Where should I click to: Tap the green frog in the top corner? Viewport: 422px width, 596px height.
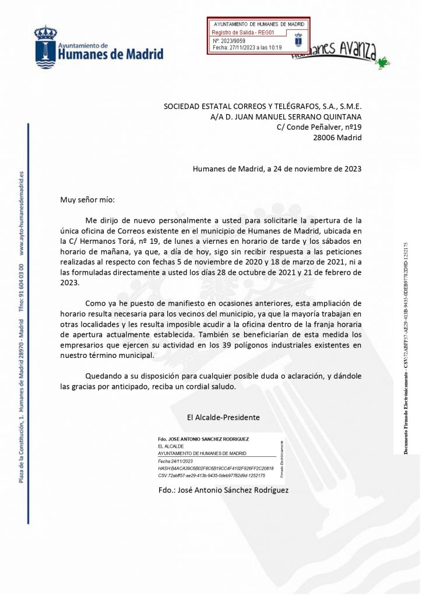click(383, 61)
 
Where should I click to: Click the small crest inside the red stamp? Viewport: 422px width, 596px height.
click(298, 40)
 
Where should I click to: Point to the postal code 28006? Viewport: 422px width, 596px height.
click(324, 137)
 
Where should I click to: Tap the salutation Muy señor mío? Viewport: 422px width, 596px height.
click(88, 200)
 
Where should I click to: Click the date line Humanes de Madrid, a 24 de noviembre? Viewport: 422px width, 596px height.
click(277, 169)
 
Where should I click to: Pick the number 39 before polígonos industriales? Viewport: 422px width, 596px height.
click(237, 345)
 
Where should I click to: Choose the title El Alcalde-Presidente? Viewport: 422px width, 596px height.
click(223, 417)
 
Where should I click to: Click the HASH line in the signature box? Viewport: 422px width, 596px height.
click(223, 468)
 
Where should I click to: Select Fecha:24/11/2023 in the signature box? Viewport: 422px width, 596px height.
click(175, 460)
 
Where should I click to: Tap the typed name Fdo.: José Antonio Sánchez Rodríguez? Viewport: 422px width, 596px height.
click(223, 490)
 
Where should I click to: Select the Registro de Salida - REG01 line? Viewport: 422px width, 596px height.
click(238, 33)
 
